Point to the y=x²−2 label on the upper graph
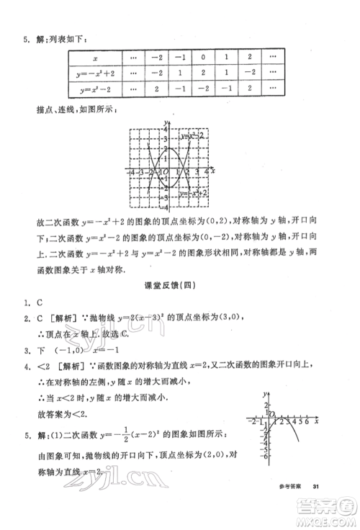[x=193, y=135]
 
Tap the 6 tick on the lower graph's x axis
[x=310, y=421]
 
